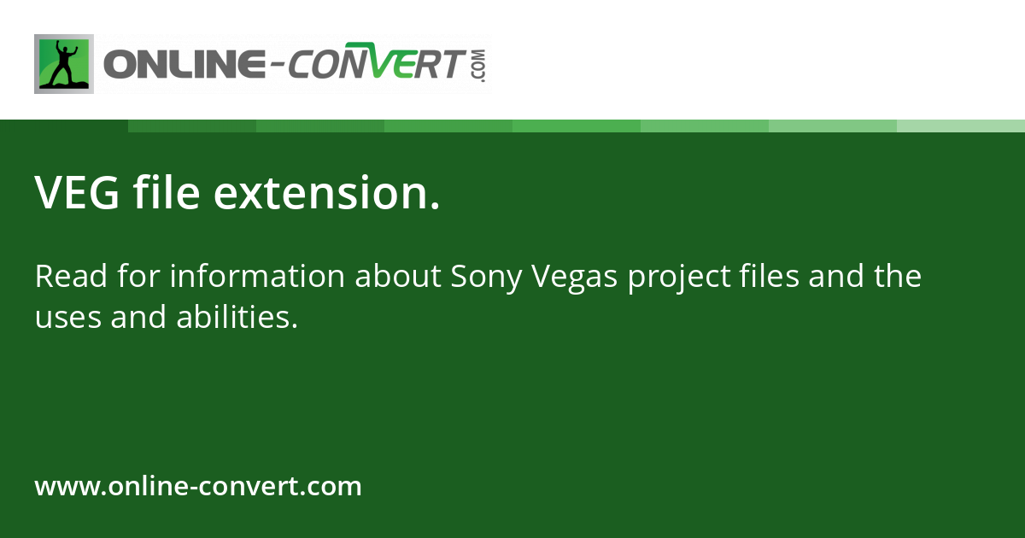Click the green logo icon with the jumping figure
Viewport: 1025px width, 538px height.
tap(64, 64)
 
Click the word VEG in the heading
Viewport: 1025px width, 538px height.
tap(75, 193)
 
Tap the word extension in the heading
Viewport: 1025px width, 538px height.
tap(325, 193)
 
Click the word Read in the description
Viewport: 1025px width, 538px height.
tap(67, 277)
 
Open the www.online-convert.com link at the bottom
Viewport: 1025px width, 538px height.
tap(198, 487)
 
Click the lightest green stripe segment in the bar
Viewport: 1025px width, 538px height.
tap(961, 126)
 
